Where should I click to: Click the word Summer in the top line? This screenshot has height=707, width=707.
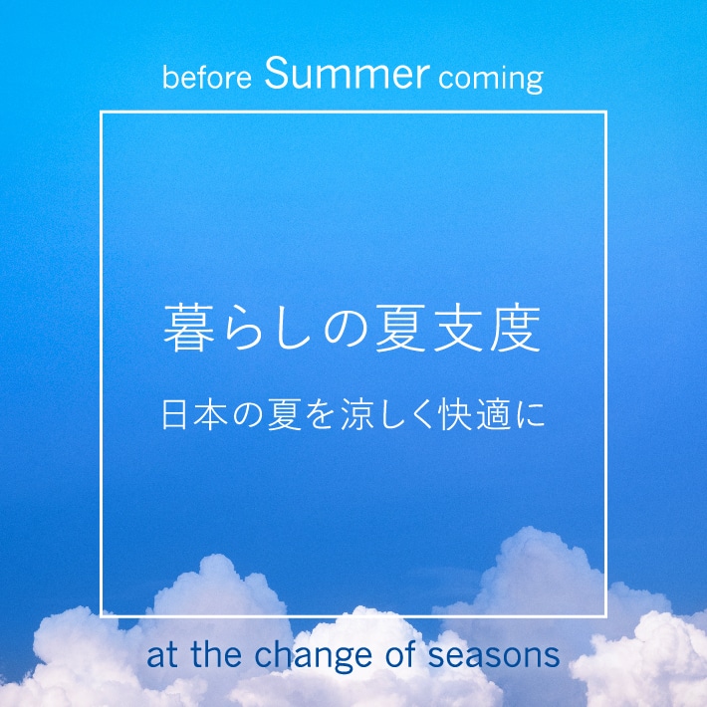click(x=348, y=74)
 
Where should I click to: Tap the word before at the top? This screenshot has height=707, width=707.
click(x=208, y=78)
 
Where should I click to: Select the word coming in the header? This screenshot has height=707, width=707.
click(x=490, y=79)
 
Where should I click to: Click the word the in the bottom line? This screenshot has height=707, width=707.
click(x=213, y=657)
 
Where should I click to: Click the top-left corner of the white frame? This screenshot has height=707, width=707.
click(x=102, y=113)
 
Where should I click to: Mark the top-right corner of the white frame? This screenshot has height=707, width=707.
click(x=605, y=113)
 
